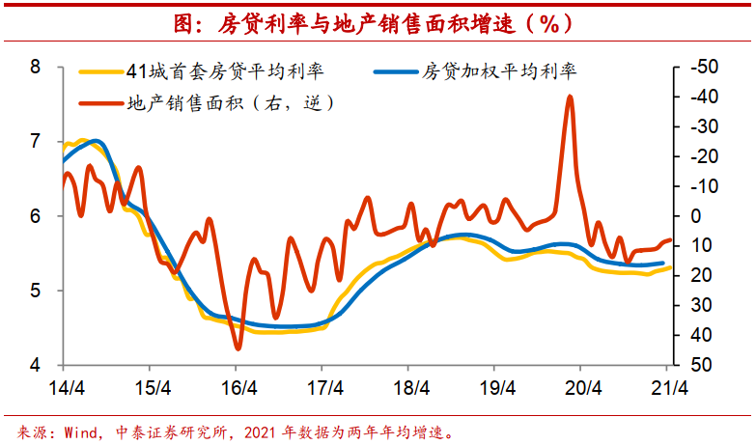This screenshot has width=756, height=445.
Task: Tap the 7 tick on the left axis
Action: pos(36,142)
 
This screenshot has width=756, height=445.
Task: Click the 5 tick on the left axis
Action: pos(36,291)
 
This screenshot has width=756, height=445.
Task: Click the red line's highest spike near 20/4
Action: pos(570,97)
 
